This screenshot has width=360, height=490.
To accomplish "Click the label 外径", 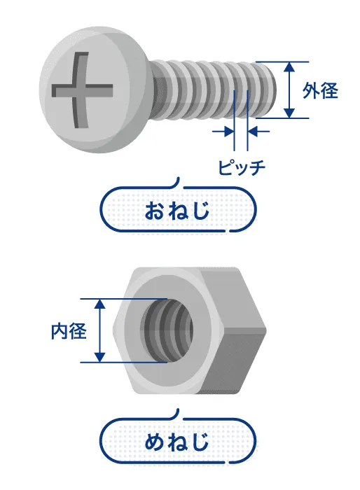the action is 320,91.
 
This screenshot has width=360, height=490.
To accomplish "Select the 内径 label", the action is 69,331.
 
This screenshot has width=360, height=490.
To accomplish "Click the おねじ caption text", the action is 177,210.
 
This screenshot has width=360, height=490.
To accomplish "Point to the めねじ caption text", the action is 177,441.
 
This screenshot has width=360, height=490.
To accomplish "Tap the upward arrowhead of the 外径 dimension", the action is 290,68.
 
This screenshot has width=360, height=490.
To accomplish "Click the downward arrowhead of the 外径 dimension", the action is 290,113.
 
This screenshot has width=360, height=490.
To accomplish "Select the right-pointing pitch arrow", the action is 223,132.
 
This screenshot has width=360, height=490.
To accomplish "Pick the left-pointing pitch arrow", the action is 258,132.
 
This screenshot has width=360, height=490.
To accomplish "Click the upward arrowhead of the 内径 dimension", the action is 99,304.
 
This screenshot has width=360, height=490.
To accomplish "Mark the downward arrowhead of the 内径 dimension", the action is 99,356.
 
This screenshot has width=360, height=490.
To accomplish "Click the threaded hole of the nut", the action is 167,330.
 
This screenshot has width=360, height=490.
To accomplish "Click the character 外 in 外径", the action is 311,91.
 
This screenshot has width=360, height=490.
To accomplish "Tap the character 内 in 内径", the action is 60,331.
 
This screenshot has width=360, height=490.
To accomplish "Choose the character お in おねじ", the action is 155,210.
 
